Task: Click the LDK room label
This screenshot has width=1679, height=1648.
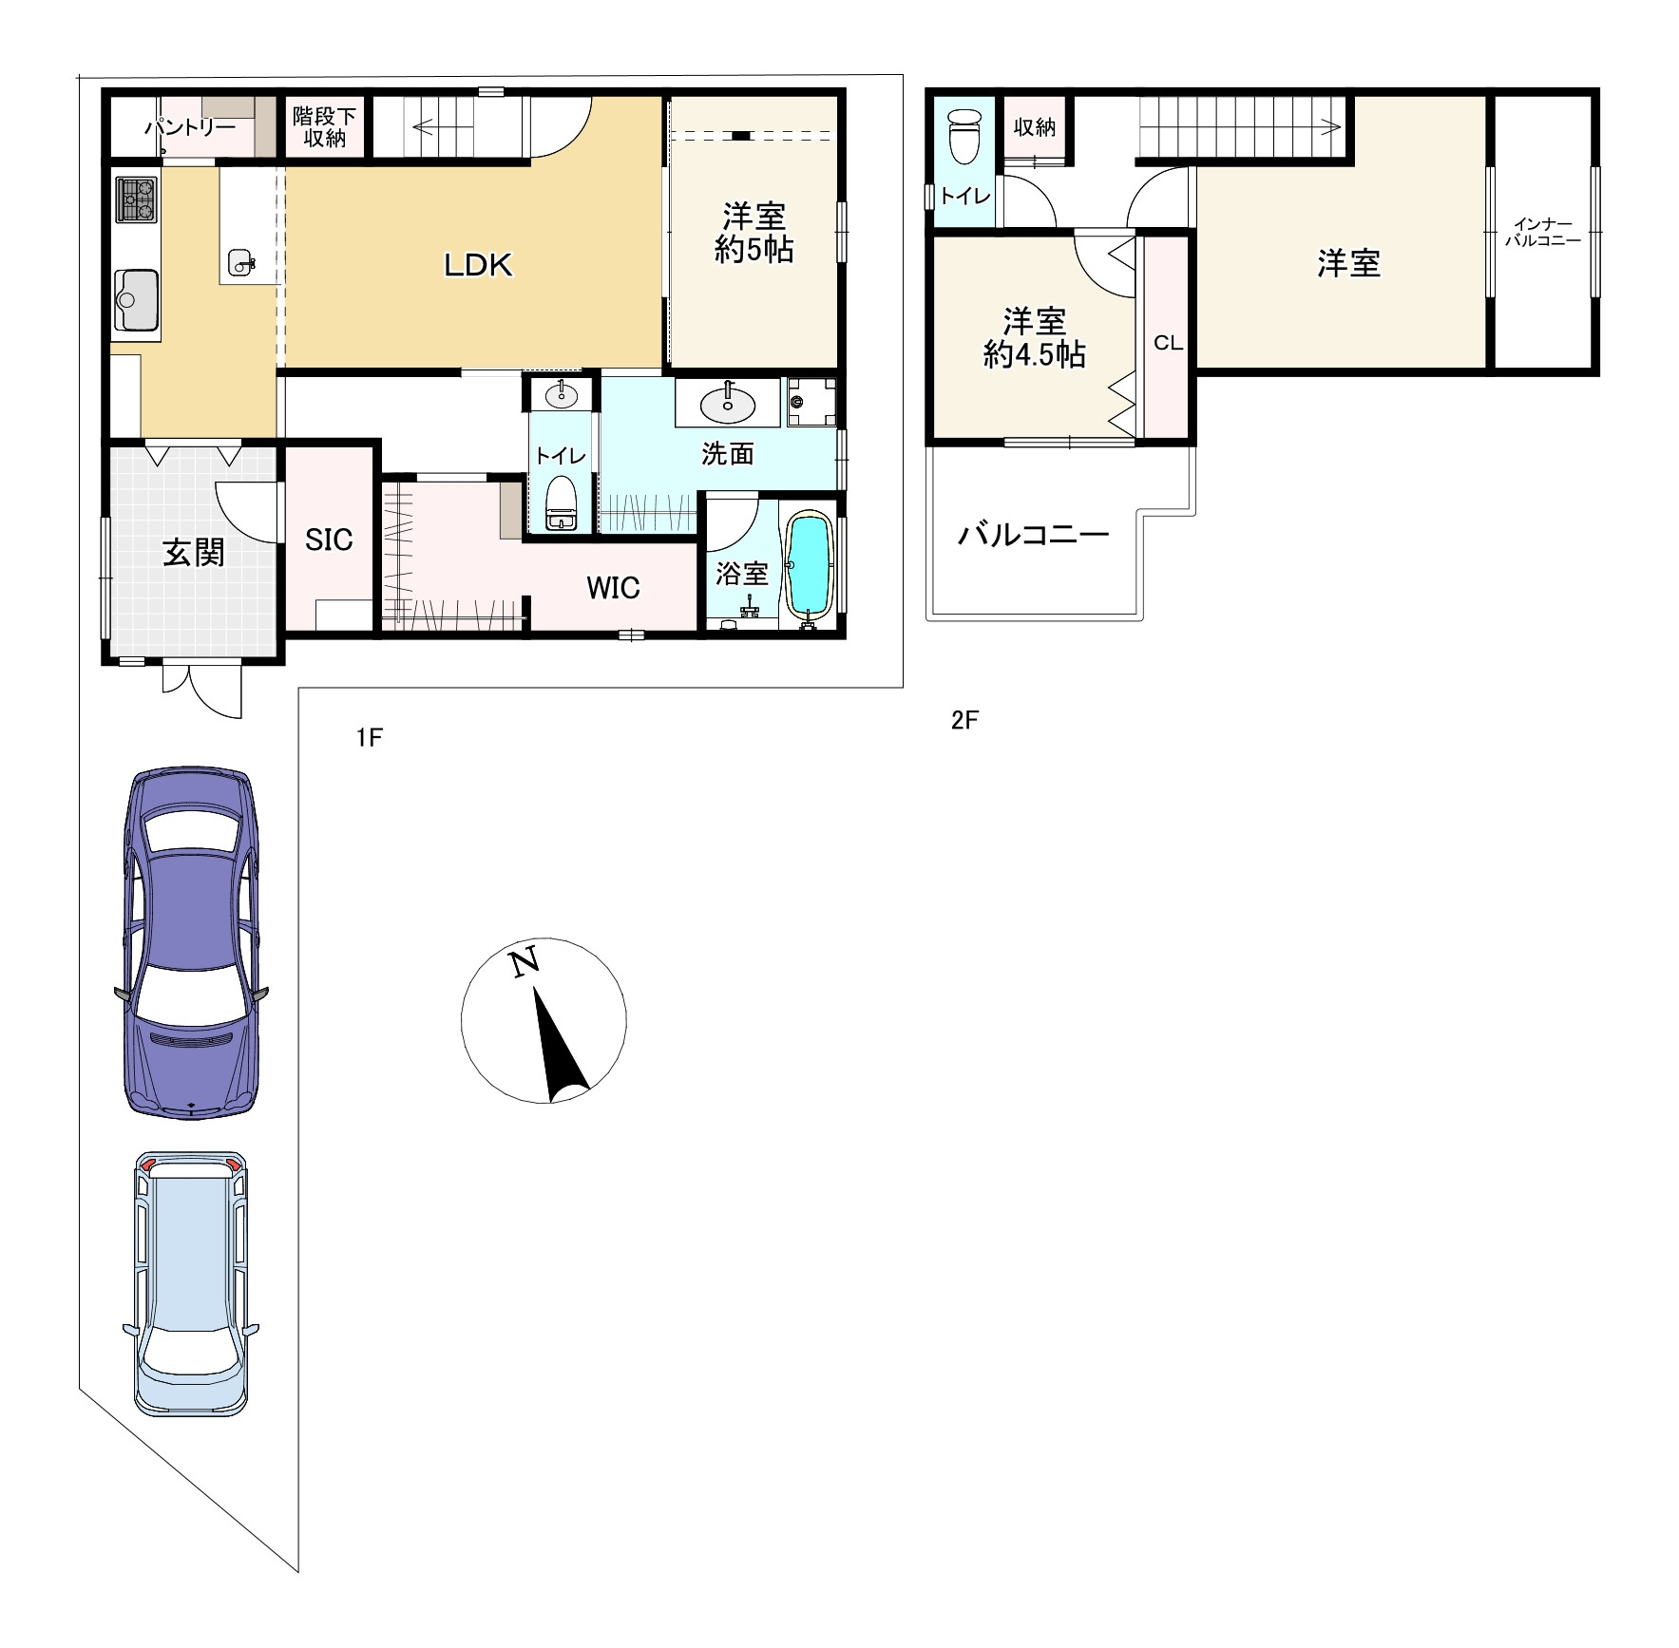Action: coord(478,265)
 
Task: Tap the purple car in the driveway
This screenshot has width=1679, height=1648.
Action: coord(191,942)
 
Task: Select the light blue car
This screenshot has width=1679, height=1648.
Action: coord(191,1284)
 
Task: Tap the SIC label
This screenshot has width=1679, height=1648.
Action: coord(329,540)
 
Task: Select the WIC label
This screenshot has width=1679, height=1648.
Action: coord(613,588)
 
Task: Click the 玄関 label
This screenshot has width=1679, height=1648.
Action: coord(194,552)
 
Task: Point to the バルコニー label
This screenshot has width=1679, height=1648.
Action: coord(1033,535)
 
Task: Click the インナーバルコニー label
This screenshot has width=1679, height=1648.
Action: coord(1543,233)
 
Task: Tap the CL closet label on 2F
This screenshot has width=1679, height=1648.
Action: coord(1168,343)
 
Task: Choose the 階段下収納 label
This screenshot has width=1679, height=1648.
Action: coord(324,127)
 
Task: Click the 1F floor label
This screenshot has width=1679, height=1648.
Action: coord(369,737)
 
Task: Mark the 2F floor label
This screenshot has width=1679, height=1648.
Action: coord(964,721)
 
